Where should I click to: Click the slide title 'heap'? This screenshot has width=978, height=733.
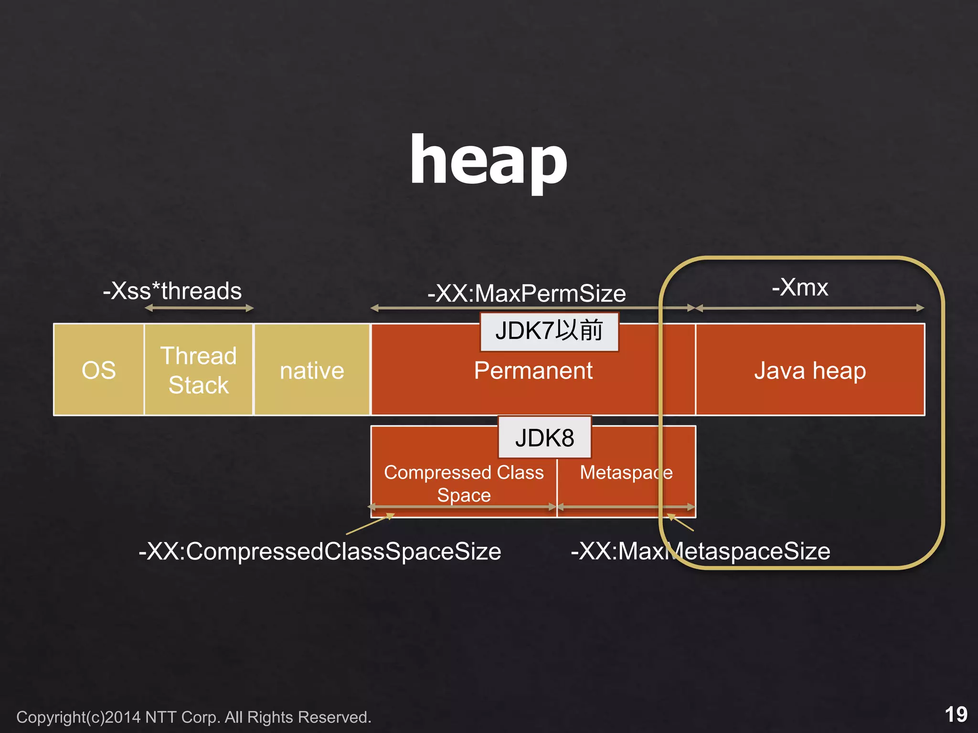489,160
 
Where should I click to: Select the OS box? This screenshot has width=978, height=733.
98,370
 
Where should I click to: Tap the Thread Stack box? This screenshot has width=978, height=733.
199,370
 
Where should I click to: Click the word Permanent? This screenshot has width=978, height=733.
533,371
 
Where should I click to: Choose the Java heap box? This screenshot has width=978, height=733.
810,371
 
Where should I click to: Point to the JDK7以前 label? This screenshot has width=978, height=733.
549,331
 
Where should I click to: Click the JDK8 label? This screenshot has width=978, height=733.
544,438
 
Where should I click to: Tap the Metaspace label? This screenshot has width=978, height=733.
626,472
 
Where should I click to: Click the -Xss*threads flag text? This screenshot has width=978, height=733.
172,291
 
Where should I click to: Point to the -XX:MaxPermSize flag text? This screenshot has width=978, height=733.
526,293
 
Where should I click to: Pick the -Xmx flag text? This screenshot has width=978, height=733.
800,287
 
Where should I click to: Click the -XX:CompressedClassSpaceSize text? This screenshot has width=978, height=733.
319,551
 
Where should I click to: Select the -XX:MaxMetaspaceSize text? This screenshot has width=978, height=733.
700,551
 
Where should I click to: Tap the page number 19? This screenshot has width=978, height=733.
956,714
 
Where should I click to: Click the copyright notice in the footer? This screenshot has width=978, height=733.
193,717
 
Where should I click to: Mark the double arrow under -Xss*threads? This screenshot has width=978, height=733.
199,308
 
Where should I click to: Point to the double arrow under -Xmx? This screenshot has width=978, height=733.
810,308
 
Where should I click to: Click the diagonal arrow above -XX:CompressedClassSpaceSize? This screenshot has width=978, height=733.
370,524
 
